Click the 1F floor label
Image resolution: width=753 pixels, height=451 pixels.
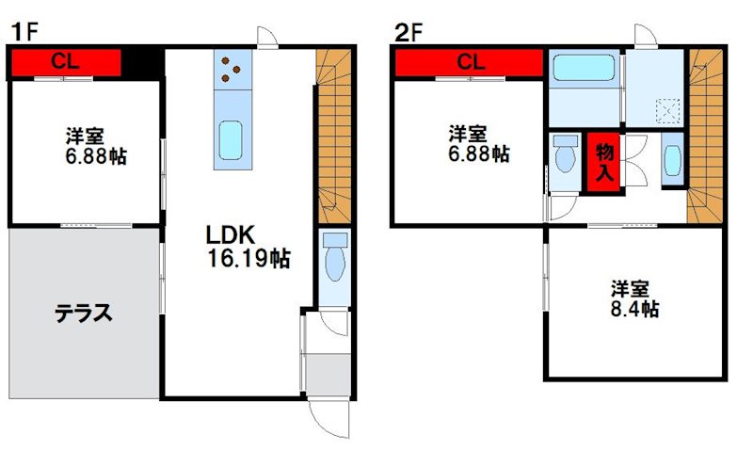point(24,33)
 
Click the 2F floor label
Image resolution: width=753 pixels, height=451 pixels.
point(409,33)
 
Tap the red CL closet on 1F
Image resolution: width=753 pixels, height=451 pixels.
point(66,62)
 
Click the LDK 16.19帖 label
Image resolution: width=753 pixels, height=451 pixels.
point(248,247)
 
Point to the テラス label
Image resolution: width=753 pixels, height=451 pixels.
point(84,314)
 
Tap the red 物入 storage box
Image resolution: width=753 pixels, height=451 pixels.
point(604,162)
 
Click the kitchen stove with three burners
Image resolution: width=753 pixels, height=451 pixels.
point(232,69)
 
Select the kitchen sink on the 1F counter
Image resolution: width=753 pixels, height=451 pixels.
point(231,140)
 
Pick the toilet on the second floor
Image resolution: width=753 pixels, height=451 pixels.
point(565,153)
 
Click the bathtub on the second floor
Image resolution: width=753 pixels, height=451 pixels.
point(584,68)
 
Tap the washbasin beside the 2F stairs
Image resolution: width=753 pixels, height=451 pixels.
point(672,160)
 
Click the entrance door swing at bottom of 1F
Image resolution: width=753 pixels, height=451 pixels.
point(329,418)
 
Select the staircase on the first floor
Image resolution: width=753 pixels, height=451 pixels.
point(335,137)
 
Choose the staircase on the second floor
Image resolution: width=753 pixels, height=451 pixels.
point(705,137)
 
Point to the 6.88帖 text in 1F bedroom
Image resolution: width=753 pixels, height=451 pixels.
point(96,156)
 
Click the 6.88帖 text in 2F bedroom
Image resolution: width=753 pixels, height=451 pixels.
point(479,154)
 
